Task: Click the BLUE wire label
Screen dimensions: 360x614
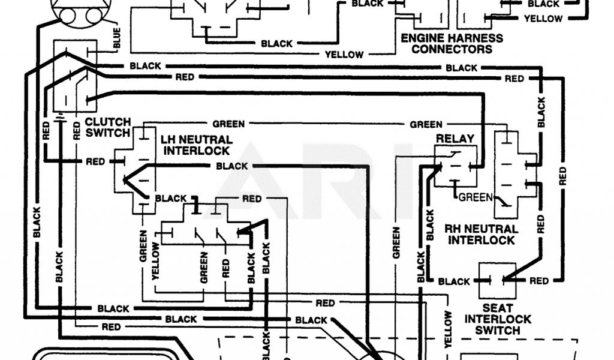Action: tap(116, 38)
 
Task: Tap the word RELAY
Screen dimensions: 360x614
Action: tap(455, 139)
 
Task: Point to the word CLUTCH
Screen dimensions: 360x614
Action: tap(107, 121)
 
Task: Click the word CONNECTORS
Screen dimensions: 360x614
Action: tap(452, 49)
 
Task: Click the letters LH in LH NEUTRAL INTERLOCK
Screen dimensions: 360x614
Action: tap(168, 139)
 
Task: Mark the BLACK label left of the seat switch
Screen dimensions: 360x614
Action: tap(454, 281)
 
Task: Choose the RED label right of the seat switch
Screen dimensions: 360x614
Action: tap(538, 281)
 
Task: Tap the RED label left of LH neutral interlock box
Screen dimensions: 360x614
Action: tap(95, 161)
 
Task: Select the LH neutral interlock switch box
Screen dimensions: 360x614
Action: tap(136, 170)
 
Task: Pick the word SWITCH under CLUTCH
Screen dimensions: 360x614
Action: tap(107, 133)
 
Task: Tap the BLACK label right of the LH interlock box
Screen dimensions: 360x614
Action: tap(232, 166)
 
